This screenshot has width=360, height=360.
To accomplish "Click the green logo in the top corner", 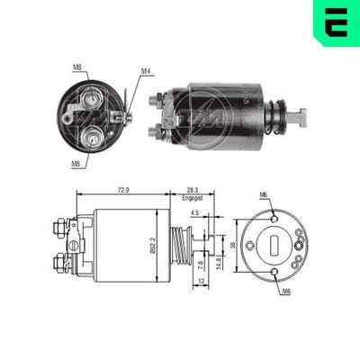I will (x=336, y=22).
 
